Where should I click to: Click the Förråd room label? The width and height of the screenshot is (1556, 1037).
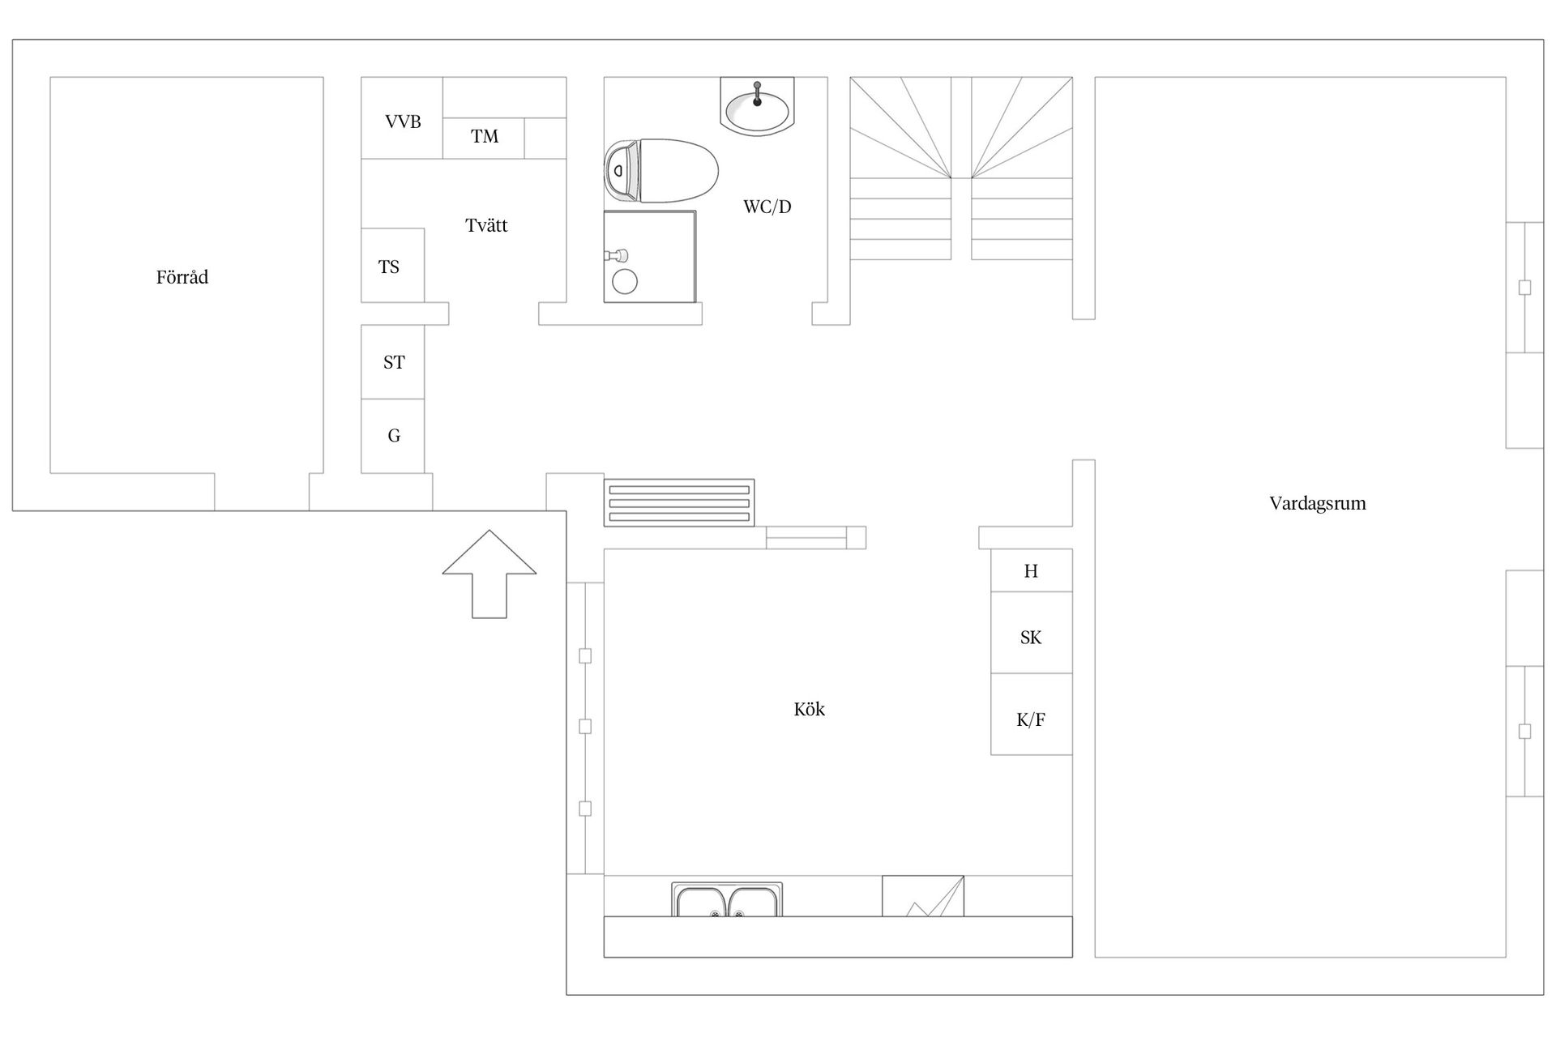pos(182,277)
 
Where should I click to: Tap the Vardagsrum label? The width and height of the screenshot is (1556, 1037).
pos(1318,503)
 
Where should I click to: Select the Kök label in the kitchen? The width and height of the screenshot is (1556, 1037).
pos(809,709)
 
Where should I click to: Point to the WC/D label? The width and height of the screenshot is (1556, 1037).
pos(767,207)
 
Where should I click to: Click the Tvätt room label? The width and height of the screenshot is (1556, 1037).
pos(486,225)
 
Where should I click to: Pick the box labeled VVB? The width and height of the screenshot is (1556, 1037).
pos(402,118)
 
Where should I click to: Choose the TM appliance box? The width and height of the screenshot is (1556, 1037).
pos(484,139)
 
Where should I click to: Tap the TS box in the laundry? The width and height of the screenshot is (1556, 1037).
pos(392,265)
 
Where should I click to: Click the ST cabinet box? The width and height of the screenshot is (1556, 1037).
pos(392,362)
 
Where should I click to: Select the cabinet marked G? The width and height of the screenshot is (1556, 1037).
pos(392,436)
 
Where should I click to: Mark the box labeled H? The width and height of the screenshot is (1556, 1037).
pos(1032,570)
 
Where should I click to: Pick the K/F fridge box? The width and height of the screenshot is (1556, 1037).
pos(1032,715)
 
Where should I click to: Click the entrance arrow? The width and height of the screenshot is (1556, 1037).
pos(489,574)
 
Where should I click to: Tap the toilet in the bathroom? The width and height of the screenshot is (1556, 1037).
pos(661,171)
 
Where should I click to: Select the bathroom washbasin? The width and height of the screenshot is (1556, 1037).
pos(757,106)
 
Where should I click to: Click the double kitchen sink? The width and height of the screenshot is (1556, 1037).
pos(727,899)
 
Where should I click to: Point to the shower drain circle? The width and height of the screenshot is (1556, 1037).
pos(625,282)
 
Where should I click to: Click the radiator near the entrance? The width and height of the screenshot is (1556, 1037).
pos(679,503)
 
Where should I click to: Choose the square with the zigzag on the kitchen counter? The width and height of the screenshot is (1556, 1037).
pos(923,896)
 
